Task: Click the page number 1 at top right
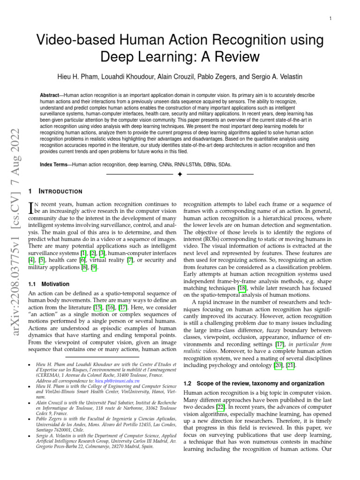tap(331, 18)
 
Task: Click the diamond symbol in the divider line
tap(180, 175)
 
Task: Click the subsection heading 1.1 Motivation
tap(49, 284)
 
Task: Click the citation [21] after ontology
tap(291, 365)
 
